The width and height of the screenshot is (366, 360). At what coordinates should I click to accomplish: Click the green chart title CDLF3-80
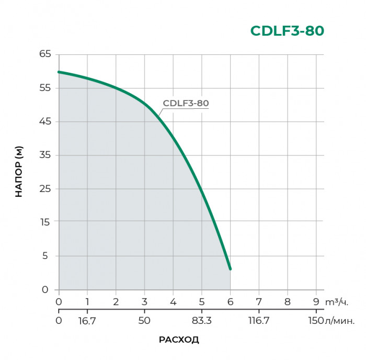[287, 31]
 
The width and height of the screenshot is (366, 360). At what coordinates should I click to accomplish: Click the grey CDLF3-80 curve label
[186, 104]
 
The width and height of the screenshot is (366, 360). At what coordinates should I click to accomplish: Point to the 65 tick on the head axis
[44, 54]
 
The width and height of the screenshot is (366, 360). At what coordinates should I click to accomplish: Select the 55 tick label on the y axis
[44, 88]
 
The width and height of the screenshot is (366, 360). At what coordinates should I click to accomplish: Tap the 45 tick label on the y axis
[44, 121]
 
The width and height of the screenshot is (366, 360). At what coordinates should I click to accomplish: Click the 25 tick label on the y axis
[44, 188]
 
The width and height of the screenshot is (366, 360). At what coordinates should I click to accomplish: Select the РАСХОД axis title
[179, 340]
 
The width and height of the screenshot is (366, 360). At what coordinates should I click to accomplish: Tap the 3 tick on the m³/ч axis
[144, 302]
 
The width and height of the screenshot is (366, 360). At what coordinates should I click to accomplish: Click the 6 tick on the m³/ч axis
[230, 302]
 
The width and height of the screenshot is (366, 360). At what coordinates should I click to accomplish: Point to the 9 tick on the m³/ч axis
[316, 302]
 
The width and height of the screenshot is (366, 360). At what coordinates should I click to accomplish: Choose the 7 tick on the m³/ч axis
[259, 302]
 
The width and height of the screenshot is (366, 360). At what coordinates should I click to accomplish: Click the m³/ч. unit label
[336, 302]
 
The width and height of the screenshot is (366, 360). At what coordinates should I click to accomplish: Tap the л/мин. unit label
[340, 321]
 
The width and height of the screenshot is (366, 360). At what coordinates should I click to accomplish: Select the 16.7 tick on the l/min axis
[87, 321]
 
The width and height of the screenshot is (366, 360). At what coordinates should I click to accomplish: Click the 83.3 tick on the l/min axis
[201, 321]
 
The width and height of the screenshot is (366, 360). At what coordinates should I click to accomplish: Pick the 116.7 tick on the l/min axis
[259, 321]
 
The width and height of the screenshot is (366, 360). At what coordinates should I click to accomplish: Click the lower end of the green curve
[230, 268]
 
